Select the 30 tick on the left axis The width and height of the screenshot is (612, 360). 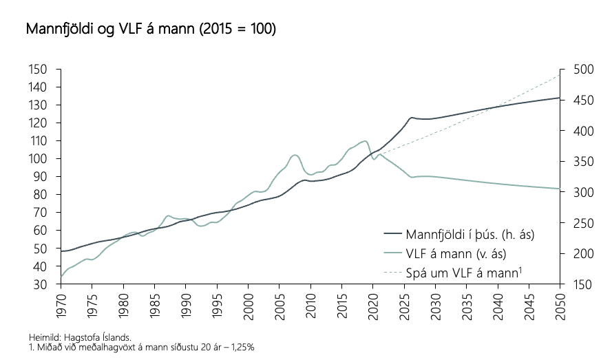point(41,284)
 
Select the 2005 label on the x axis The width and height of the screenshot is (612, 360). point(279,304)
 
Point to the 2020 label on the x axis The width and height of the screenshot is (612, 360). point(373,304)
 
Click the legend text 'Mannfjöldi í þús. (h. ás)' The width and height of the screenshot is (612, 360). point(470,233)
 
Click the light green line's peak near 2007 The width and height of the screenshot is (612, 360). point(295,155)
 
